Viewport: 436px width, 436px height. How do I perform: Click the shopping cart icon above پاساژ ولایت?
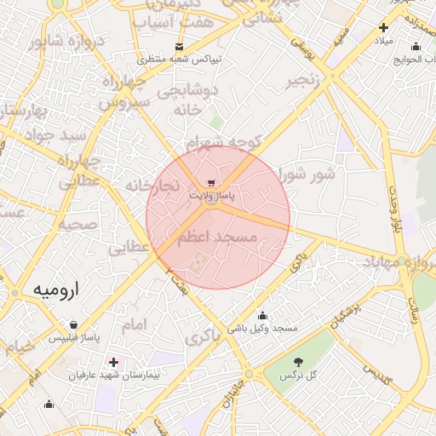(211, 183)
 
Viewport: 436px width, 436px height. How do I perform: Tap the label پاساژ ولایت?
(211, 196)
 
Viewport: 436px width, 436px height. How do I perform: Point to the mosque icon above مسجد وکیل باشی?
(261, 315)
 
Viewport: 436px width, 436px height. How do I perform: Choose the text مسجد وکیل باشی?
(261, 328)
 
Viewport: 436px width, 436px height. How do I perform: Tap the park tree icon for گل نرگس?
(298, 363)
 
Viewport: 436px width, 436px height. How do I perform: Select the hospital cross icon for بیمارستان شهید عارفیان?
(113, 363)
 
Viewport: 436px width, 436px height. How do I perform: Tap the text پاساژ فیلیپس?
(73, 338)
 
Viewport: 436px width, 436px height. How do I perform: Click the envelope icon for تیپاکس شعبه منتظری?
(179, 46)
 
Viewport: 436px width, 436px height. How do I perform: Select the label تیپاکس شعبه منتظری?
(179, 59)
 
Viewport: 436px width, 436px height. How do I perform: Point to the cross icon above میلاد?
(383, 28)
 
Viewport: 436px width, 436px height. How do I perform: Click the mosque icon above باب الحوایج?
(415, 47)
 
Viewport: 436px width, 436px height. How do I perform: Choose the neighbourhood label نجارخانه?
(152, 185)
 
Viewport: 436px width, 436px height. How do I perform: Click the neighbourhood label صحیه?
(77, 225)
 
